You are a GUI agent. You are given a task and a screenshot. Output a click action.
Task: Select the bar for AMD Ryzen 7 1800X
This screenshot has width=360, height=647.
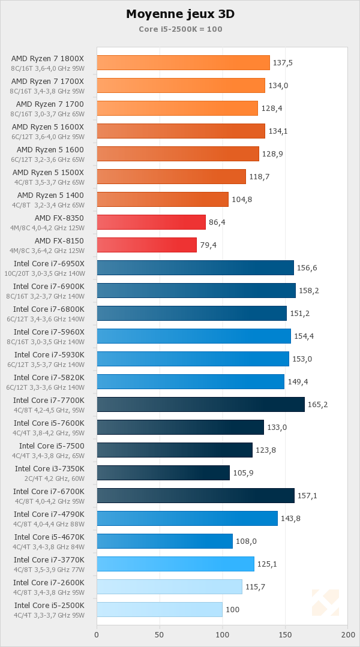[x=183, y=63]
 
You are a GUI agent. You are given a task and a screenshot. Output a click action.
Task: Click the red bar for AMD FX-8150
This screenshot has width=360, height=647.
[x=146, y=245]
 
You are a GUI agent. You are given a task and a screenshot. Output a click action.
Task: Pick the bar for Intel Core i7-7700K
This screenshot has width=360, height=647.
[x=200, y=405]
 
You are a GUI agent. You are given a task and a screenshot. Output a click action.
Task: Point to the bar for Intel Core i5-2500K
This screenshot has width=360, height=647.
[x=159, y=610]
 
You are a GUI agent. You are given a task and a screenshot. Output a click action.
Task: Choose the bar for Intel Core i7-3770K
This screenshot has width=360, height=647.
[x=175, y=564]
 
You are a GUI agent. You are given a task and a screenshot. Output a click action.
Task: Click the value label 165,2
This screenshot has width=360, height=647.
[x=318, y=405]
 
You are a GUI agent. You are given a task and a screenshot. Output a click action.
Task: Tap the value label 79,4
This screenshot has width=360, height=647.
[x=211, y=245]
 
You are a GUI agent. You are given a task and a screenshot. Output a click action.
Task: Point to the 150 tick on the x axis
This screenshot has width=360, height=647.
[x=285, y=634]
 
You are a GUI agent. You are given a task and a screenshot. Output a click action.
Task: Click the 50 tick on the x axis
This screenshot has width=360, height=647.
[x=159, y=634]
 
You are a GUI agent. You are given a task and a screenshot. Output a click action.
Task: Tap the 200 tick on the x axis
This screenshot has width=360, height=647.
[x=347, y=634]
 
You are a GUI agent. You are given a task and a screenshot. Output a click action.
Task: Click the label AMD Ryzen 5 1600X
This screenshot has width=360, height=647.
[x=48, y=127]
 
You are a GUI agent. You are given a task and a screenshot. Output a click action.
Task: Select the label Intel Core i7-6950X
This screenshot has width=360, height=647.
[x=49, y=264]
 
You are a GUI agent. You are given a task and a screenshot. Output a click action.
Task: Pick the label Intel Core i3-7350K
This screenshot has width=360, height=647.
[x=50, y=469]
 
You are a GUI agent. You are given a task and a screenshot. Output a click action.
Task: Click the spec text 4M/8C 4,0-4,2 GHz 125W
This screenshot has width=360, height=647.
[x=47, y=228]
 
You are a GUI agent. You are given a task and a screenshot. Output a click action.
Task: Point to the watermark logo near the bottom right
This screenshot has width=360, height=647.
[x=325, y=603]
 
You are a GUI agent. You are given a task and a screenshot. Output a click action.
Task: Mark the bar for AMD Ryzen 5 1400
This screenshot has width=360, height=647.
[x=163, y=200]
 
